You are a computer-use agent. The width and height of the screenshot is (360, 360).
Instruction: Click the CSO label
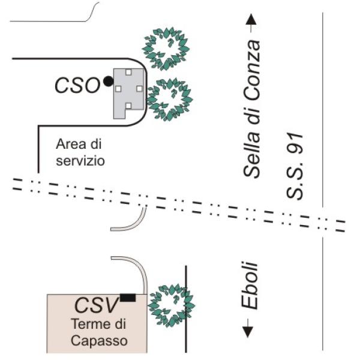77,85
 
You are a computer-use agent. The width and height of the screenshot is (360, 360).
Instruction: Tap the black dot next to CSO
108,81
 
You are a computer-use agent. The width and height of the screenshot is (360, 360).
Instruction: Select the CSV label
97,305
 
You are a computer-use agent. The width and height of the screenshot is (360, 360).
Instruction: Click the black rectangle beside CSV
128,298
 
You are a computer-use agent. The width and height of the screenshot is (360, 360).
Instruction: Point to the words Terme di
99,324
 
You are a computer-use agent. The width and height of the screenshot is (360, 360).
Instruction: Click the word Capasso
99,341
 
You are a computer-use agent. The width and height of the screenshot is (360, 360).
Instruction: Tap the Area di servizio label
80,152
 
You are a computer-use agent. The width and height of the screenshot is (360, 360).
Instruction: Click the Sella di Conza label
252,109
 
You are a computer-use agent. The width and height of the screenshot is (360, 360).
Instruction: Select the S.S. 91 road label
295,166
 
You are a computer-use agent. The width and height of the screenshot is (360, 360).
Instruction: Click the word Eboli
250,286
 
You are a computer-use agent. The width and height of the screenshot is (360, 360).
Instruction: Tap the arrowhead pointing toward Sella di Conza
251,19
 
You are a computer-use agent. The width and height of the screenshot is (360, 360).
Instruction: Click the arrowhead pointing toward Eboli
248,332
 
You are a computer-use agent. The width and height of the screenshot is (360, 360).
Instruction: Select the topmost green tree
166,49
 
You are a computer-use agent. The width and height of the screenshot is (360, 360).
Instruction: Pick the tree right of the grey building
169,100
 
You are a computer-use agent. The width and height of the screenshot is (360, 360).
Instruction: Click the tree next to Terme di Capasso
171,305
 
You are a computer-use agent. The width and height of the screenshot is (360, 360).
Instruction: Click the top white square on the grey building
128,72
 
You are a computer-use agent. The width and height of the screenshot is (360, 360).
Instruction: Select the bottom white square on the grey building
128,106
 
